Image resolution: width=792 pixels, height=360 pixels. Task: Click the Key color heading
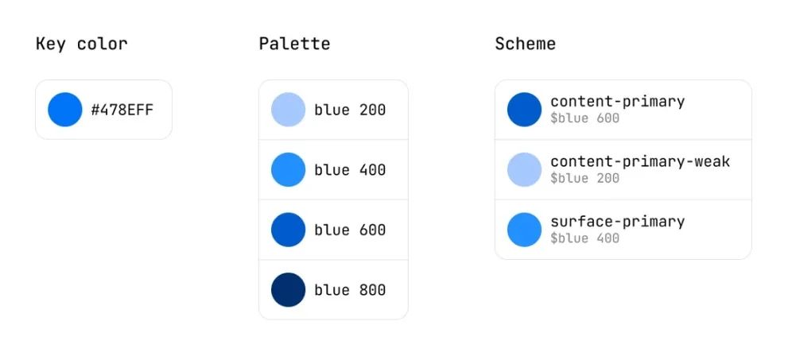pyautogui.click(x=81, y=44)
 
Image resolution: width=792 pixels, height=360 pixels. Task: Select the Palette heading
pyautogui.click(x=294, y=44)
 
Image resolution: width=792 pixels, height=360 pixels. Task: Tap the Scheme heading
pyautogui.click(x=526, y=44)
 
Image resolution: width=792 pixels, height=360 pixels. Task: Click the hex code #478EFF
pyautogui.click(x=122, y=110)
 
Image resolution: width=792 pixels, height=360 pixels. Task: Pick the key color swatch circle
pyautogui.click(x=65, y=110)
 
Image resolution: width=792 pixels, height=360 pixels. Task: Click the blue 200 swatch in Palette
pyautogui.click(x=289, y=110)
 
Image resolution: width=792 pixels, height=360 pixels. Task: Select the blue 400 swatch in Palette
pyautogui.click(x=289, y=169)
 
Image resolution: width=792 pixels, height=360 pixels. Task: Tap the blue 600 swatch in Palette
pyautogui.click(x=289, y=230)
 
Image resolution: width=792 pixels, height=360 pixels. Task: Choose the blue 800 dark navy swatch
pyautogui.click(x=289, y=290)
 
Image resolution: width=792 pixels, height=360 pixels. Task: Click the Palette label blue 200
pyautogui.click(x=350, y=110)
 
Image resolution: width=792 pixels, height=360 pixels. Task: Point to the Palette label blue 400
pyautogui.click(x=350, y=169)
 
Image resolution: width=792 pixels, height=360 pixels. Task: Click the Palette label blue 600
pyautogui.click(x=350, y=230)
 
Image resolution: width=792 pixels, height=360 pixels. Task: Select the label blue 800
pyautogui.click(x=350, y=290)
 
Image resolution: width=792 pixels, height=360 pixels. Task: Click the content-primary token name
pyautogui.click(x=618, y=102)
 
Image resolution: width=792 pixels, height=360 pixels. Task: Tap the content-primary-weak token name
pyautogui.click(x=640, y=161)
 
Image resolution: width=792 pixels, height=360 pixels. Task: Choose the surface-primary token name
pyautogui.click(x=618, y=222)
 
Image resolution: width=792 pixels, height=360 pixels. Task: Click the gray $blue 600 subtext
pyautogui.click(x=585, y=118)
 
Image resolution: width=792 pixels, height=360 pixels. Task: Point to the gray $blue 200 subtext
pyautogui.click(x=585, y=178)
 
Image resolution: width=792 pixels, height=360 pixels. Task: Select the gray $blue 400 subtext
pyautogui.click(x=585, y=238)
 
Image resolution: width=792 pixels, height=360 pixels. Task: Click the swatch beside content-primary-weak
pyautogui.click(x=524, y=169)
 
